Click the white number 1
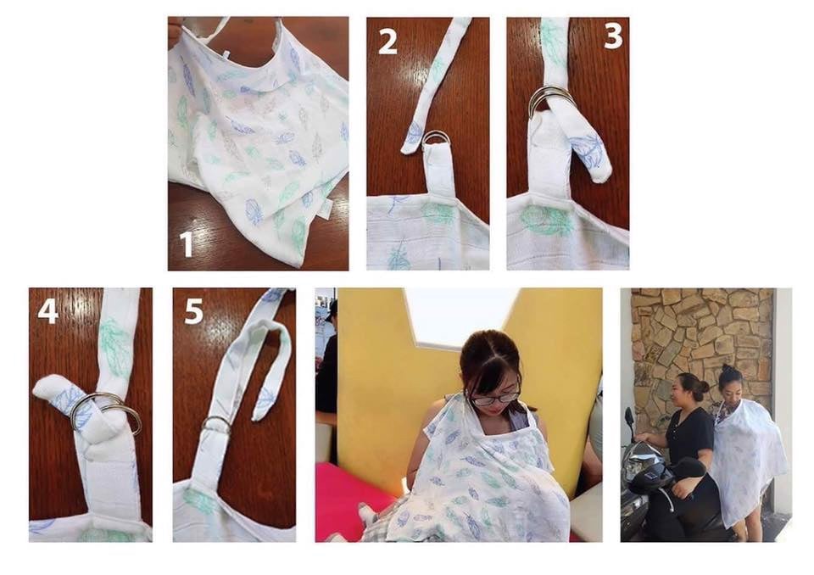(186, 244)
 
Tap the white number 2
(387, 42)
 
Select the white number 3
(612, 36)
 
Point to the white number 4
(47, 311)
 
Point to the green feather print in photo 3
(546, 219)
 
